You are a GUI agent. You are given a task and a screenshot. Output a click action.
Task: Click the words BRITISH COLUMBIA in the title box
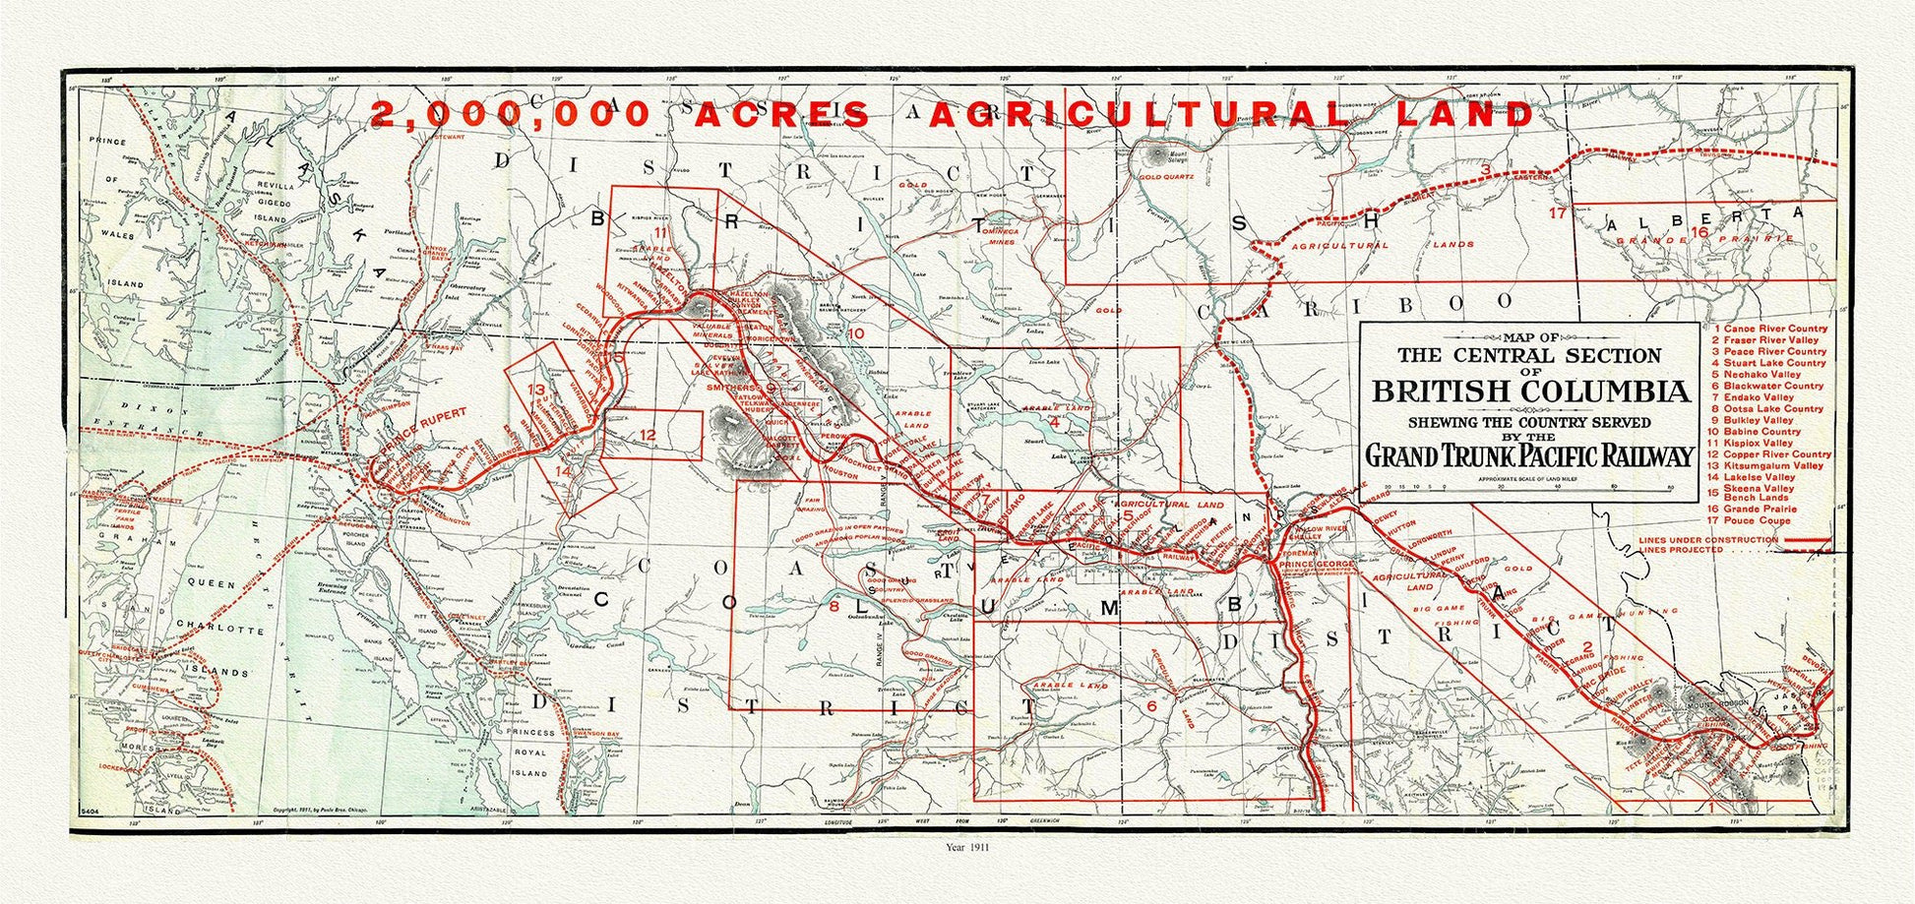pyautogui.click(x=1530, y=391)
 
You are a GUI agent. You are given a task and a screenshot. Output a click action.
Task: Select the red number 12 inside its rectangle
pyautogui.click(x=647, y=434)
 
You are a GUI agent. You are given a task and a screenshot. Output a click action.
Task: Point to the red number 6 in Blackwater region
pyautogui.click(x=1150, y=704)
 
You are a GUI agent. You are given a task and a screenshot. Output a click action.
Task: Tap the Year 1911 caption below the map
pyautogui.click(x=965, y=846)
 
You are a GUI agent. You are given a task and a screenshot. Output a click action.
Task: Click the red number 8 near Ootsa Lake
pyautogui.click(x=834, y=607)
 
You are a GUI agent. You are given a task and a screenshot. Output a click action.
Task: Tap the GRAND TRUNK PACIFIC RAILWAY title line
pyautogui.click(x=1529, y=455)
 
